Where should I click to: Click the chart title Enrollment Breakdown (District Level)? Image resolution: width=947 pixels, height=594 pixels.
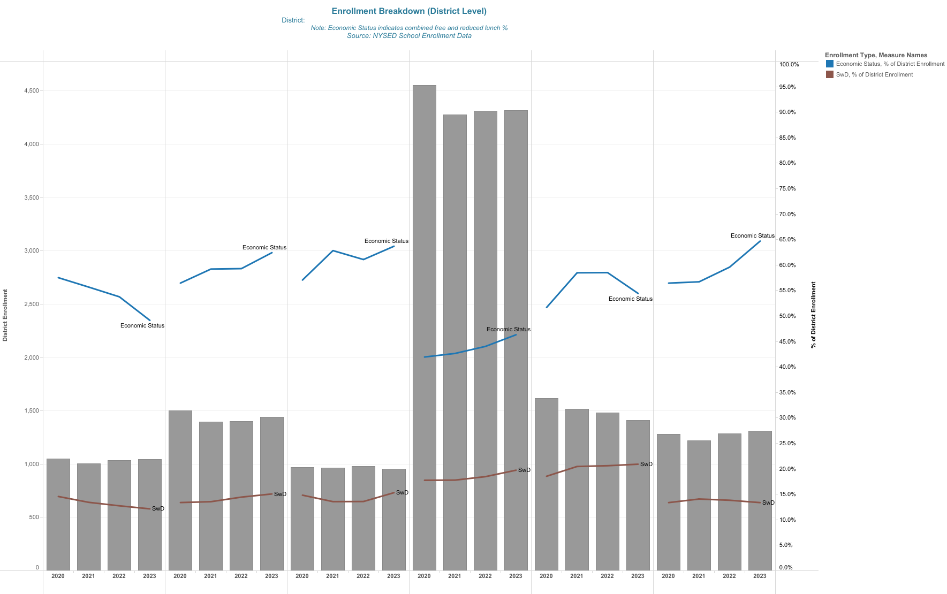tap(409, 11)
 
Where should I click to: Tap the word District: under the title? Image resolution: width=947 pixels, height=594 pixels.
tap(293, 20)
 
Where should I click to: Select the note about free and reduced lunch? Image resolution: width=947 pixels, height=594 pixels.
tap(409, 28)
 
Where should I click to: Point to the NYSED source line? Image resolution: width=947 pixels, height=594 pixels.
tap(409, 36)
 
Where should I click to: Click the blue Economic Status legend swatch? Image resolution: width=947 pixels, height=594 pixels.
tap(829, 64)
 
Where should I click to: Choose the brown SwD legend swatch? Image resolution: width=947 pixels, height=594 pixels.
tap(829, 74)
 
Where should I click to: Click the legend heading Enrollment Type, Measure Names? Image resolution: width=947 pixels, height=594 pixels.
tap(876, 55)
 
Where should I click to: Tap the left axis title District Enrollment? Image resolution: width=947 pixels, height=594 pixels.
tap(5, 315)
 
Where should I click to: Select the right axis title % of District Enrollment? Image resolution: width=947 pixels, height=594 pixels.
tap(813, 315)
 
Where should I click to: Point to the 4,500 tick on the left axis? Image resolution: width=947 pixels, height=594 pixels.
tap(32, 91)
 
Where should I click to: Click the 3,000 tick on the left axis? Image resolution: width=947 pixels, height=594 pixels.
tap(32, 251)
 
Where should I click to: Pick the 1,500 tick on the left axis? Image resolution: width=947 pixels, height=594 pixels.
tap(32, 411)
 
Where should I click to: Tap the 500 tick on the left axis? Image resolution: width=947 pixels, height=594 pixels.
tap(33, 517)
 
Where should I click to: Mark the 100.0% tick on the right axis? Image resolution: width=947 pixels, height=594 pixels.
tap(789, 65)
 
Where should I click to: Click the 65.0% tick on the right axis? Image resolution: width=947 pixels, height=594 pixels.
tap(787, 240)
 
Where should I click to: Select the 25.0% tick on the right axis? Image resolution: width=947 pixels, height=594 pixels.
tap(787, 444)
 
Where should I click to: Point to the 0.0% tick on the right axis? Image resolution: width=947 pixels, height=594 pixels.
tap(786, 568)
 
